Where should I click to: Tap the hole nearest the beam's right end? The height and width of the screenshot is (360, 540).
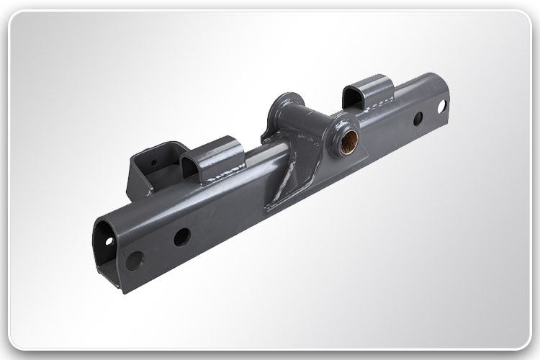[441, 106]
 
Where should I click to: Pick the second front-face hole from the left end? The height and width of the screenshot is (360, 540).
[182, 236]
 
